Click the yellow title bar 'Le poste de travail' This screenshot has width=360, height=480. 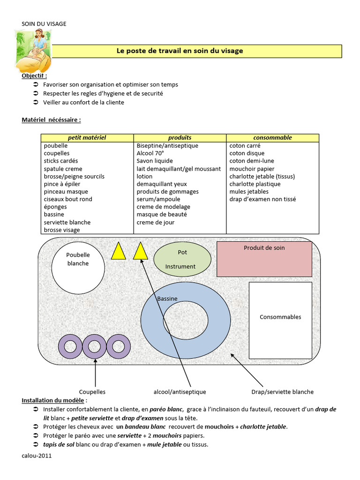click(197, 51)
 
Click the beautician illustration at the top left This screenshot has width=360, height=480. click(32, 50)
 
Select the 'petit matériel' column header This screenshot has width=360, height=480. click(87, 138)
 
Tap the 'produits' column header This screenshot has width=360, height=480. click(180, 138)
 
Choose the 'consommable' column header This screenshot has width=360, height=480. click(272, 138)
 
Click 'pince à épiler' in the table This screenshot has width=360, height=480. click(62, 184)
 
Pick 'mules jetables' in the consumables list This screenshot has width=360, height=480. click(249, 192)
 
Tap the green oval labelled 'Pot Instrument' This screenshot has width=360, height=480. click(182, 259)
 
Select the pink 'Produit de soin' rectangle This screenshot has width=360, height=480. click(264, 259)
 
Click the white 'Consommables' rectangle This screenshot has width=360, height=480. click(280, 317)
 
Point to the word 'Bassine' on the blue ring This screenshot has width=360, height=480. click(167, 299)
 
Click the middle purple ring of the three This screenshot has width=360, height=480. click(95, 347)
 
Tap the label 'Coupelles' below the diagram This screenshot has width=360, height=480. click(92, 392)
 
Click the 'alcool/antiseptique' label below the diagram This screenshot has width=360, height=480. click(180, 392)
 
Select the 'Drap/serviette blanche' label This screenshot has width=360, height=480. click(283, 392)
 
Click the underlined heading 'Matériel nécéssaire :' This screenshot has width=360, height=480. click(51, 120)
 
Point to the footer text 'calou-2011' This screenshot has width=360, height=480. click(37, 456)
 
